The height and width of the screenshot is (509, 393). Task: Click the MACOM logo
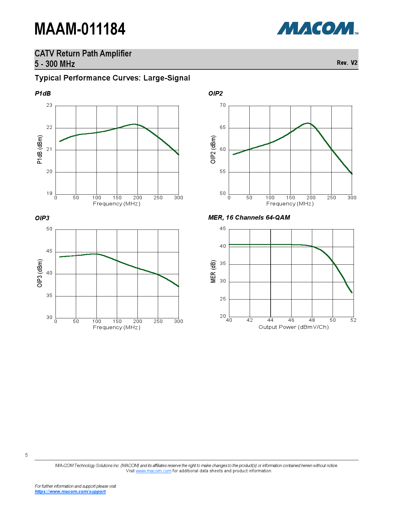317,28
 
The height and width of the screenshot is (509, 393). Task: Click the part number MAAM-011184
80,29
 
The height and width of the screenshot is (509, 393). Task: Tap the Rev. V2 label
347,63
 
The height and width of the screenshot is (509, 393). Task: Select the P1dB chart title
43,93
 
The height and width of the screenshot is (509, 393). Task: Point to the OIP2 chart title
215,93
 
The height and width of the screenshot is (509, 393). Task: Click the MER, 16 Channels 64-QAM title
249,217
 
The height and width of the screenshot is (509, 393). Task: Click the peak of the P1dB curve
134,124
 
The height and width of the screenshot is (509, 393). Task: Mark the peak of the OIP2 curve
307,123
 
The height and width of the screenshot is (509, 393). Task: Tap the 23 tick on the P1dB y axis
49,105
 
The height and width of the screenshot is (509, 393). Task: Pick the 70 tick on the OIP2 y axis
223,105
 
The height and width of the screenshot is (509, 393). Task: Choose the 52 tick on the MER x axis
353,320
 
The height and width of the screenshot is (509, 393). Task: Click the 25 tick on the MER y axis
223,299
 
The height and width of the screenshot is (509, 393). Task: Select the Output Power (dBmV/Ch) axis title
293,327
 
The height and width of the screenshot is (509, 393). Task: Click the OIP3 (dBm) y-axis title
40,273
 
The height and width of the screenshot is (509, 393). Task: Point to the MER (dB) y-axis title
213,272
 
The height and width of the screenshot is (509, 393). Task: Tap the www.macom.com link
153,471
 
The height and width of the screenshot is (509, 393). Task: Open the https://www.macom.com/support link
70,491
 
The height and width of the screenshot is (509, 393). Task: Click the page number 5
27,455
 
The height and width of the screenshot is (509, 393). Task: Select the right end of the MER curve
352,292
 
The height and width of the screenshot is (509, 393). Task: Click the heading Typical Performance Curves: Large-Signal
112,78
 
